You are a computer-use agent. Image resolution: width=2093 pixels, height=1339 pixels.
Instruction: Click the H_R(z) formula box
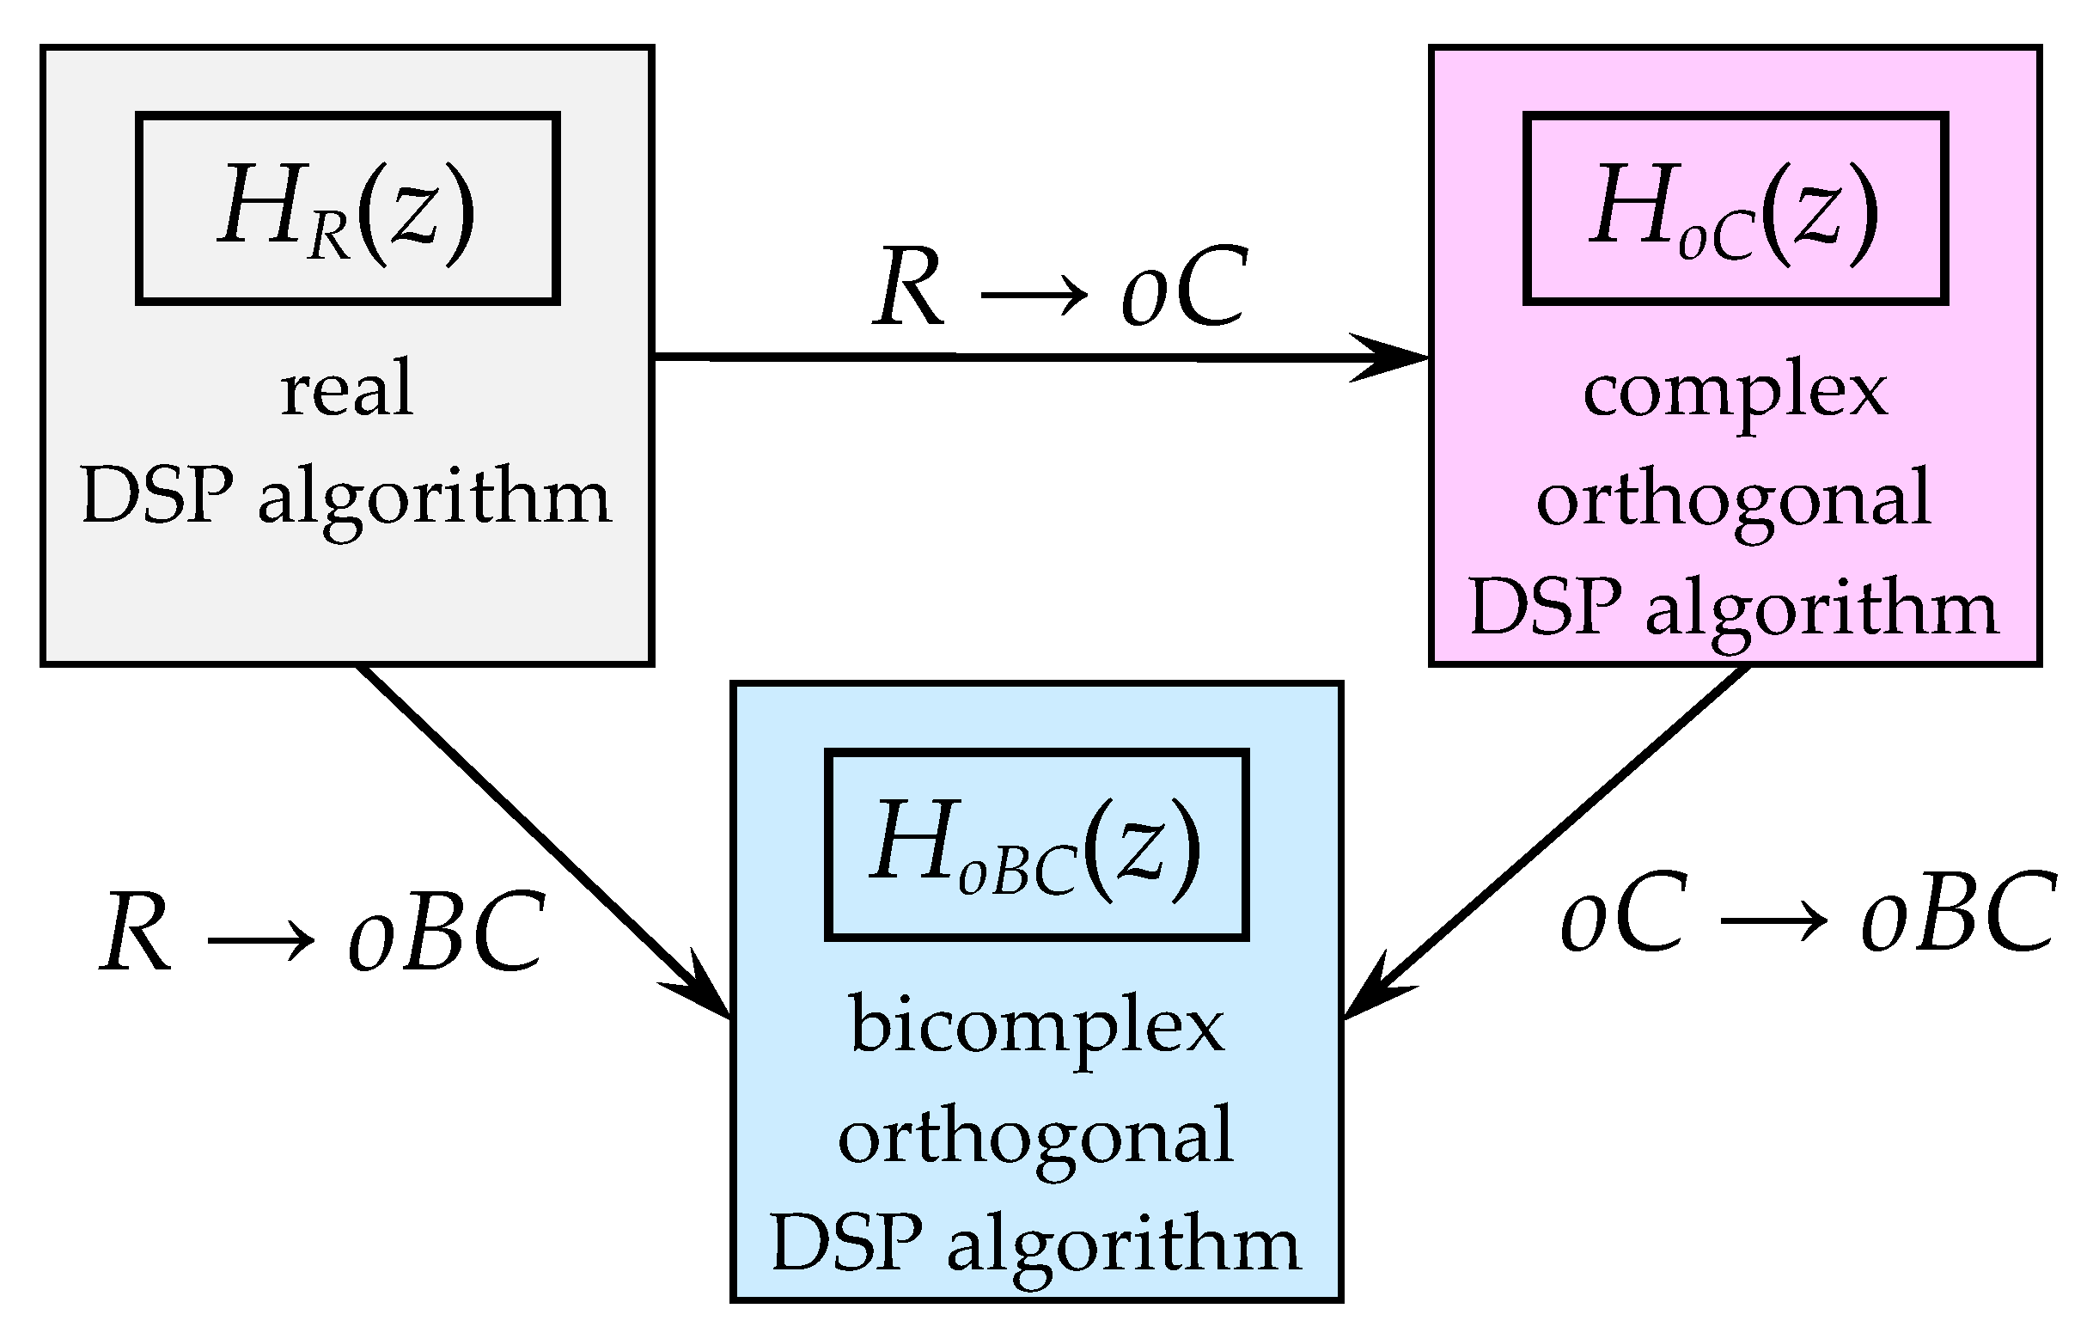(347, 209)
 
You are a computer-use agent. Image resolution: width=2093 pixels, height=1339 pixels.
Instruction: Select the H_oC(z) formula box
(1735, 209)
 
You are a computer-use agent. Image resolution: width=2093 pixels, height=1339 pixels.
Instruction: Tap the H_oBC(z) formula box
(1036, 844)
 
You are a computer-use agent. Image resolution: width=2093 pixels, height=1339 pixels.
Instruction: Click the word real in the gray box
(347, 389)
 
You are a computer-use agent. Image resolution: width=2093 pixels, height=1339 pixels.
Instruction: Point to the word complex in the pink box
(1735, 393)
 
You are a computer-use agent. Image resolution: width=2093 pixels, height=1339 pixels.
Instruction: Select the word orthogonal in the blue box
(1036, 1135)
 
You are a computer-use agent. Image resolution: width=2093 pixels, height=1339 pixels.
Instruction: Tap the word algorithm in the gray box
(435, 500)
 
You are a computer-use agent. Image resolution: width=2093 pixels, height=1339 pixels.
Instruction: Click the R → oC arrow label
(1060, 287)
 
